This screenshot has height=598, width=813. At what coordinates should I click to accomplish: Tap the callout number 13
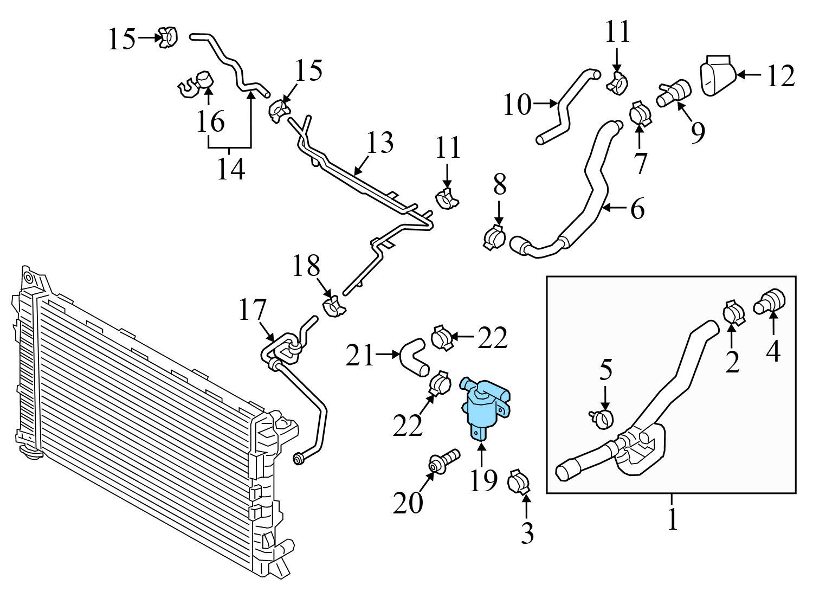(379, 143)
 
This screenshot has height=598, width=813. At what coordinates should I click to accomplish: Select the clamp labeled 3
(518, 482)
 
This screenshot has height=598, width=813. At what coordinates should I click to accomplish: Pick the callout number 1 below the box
(672, 519)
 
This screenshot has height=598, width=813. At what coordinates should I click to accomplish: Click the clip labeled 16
(197, 83)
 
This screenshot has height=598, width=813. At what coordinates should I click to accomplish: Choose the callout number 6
(637, 208)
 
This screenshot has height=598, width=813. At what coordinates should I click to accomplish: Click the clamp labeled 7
(641, 113)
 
